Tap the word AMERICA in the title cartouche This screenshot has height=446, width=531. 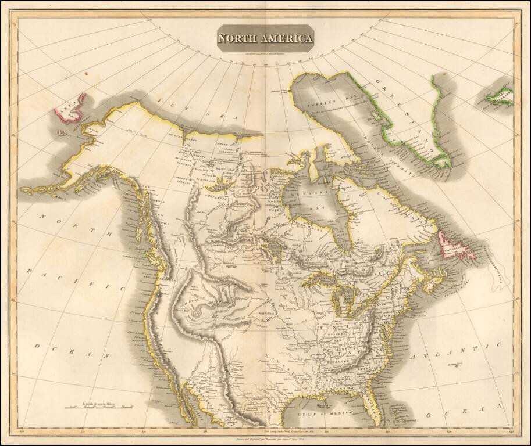286,39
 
